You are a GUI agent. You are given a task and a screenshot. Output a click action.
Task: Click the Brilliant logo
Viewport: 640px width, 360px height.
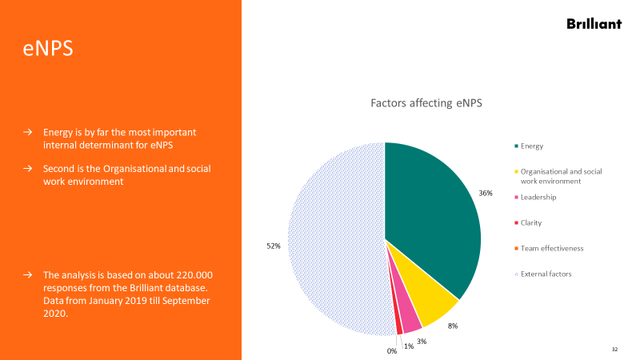click(x=594, y=24)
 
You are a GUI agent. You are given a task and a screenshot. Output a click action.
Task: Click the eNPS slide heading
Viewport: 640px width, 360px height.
click(x=47, y=49)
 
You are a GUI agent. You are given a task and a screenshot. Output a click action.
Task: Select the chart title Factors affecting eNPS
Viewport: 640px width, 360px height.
click(x=426, y=103)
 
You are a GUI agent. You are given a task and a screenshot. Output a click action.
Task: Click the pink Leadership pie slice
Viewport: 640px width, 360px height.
click(x=411, y=321)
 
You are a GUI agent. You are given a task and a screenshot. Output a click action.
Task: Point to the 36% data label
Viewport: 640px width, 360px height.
click(x=486, y=194)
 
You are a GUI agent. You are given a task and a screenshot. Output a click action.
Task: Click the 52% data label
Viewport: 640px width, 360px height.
click(x=273, y=246)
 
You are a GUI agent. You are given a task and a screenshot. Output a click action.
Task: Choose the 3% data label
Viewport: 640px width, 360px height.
click(x=422, y=342)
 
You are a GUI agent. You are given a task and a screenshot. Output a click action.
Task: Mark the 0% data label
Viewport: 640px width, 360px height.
click(x=392, y=351)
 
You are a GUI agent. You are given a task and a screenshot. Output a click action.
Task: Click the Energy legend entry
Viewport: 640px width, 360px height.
click(x=531, y=146)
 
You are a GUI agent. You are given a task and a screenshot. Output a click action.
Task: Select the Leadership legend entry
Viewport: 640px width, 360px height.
click(x=538, y=197)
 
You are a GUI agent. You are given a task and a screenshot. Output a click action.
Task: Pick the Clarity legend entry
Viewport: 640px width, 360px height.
click(x=530, y=222)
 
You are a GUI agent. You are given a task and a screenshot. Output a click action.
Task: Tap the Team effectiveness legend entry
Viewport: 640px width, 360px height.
click(x=551, y=248)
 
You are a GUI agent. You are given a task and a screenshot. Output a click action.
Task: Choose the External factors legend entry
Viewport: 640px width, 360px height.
click(x=546, y=274)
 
